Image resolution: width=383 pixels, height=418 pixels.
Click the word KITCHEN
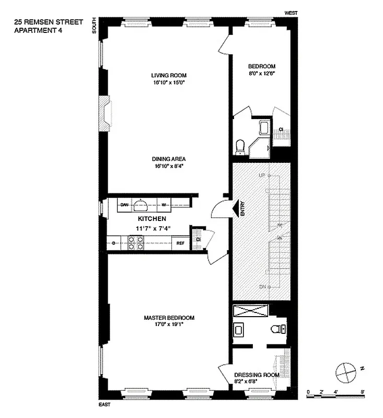(152, 219)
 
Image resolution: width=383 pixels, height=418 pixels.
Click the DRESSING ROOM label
(256, 375)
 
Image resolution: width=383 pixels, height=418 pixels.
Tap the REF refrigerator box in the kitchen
(180, 242)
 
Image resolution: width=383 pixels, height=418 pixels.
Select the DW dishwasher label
(124, 205)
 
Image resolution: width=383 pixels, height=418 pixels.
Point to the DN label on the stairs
(263, 287)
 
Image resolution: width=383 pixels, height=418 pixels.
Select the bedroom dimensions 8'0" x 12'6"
(261, 74)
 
